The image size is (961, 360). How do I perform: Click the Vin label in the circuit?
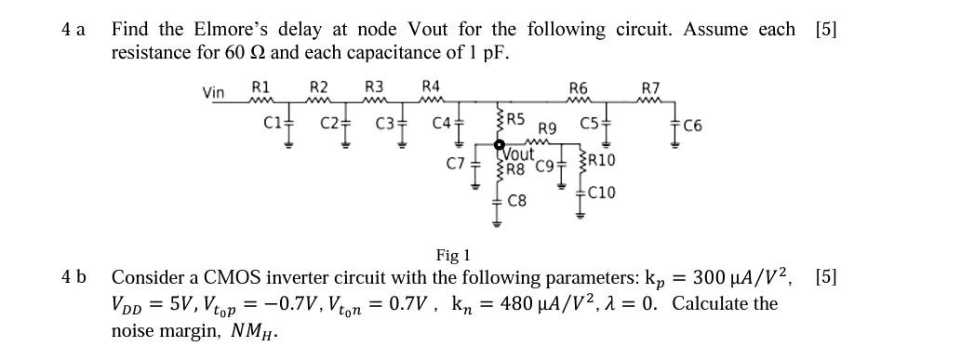pyautogui.click(x=213, y=92)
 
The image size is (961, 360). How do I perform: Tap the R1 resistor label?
pyautogui.click(x=261, y=87)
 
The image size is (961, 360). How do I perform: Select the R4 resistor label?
pyautogui.click(x=431, y=87)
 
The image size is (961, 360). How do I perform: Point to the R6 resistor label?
pyautogui.click(x=578, y=88)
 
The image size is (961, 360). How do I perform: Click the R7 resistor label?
pyautogui.click(x=651, y=88)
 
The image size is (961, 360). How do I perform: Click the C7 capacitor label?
pyautogui.click(x=455, y=164)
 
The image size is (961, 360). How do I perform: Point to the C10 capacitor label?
pyautogui.click(x=601, y=193)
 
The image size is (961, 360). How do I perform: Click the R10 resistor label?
pyautogui.click(x=600, y=160)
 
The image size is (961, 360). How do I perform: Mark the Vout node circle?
pyautogui.click(x=500, y=145)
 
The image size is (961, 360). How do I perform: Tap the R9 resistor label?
pyautogui.click(x=548, y=128)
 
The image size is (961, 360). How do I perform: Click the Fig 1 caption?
pyautogui.click(x=453, y=254)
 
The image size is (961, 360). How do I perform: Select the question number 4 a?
pyautogui.click(x=73, y=30)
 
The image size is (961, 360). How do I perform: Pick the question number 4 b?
pyautogui.click(x=73, y=277)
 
